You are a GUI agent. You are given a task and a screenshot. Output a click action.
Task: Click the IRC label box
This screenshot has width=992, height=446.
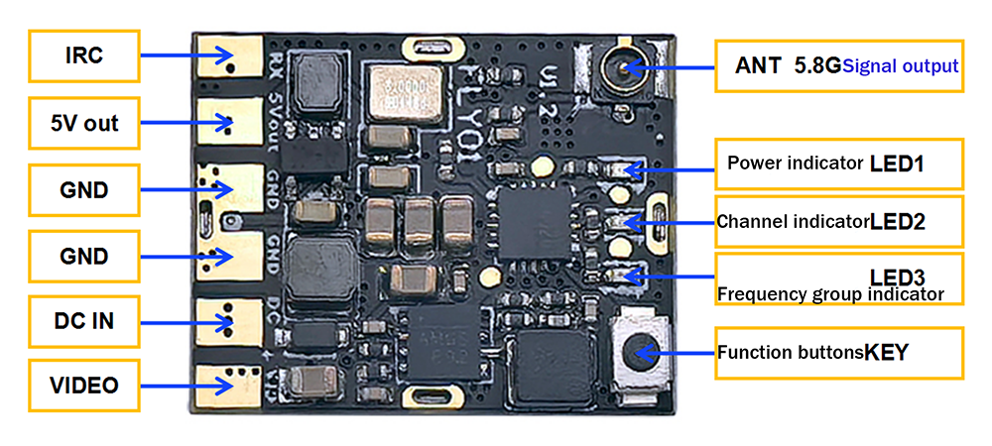84,56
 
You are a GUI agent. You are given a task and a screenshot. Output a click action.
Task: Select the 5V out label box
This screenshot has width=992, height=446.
84,123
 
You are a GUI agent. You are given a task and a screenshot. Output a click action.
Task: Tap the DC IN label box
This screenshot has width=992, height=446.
84,321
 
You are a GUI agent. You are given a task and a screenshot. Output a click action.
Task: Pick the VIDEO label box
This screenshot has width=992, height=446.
84,385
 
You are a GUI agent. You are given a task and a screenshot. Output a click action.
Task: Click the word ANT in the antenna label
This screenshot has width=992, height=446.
758,66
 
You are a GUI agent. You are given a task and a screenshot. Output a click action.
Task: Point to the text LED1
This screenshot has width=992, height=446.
897,164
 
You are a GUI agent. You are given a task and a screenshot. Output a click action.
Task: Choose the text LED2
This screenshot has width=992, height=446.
898,222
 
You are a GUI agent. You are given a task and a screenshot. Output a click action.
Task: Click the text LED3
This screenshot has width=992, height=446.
898,276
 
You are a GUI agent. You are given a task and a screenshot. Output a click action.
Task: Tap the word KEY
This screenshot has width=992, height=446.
886,352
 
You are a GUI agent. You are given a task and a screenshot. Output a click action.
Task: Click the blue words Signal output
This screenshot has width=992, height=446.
902,66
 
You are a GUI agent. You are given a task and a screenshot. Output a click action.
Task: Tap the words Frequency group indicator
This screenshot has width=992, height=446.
829,294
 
